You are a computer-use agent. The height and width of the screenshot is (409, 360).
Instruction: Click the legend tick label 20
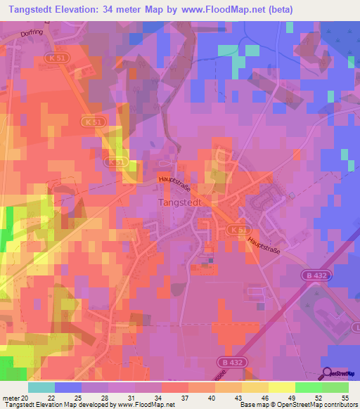pyautogui.click(x=27, y=398)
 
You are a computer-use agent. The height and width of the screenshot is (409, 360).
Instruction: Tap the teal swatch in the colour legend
pyautogui.click(x=41, y=387)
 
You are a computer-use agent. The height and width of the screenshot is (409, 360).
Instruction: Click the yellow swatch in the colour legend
pyautogui.click(x=281, y=387)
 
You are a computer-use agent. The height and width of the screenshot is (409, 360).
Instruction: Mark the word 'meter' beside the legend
pyautogui.click(x=9, y=398)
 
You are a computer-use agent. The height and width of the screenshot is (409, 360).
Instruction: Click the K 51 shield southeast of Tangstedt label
pyautogui.click(x=236, y=229)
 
